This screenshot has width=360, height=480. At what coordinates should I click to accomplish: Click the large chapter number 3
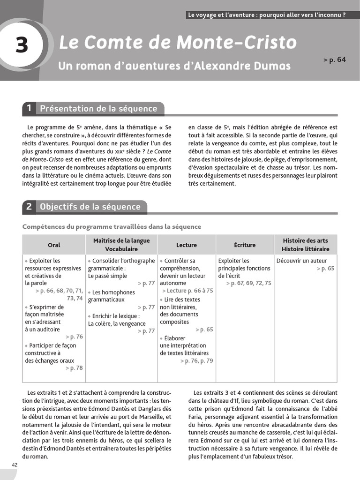click(x=22, y=45)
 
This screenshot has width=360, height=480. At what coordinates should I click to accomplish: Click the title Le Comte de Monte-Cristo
click(x=177, y=43)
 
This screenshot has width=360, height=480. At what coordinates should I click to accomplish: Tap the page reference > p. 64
click(x=334, y=60)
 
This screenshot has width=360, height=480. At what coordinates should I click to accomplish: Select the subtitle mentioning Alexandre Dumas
click(x=174, y=66)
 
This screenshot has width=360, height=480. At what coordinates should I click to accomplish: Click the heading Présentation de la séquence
click(x=98, y=109)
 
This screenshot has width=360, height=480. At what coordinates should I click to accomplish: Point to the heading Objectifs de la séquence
click(x=90, y=207)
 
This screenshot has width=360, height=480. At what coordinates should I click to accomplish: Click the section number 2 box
click(x=29, y=207)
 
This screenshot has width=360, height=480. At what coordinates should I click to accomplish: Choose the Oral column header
click(x=54, y=245)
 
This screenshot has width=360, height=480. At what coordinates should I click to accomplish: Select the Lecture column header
click(x=187, y=245)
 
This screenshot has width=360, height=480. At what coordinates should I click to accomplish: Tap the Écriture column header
click(x=245, y=245)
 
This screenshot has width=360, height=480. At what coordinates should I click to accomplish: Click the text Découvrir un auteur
click(x=302, y=261)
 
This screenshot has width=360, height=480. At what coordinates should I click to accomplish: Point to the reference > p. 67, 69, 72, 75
click(x=248, y=283)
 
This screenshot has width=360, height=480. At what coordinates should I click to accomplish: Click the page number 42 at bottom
click(x=15, y=464)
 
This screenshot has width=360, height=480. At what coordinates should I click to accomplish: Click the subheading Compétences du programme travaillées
click(x=112, y=227)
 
